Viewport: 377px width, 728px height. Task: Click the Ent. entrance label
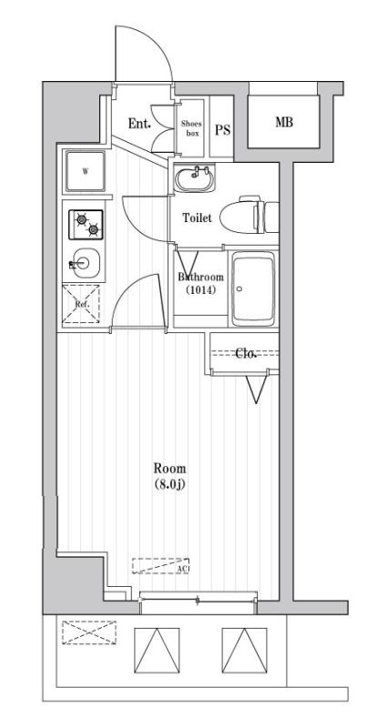coord(139,124)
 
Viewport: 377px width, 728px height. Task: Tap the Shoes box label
coord(191,126)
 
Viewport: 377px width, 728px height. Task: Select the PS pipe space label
coord(222,129)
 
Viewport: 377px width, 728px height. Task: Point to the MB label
coord(284,123)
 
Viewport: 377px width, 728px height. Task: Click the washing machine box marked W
coord(86,170)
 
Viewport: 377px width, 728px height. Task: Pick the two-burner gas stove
coord(85,223)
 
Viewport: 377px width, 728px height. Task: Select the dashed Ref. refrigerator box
coord(82,304)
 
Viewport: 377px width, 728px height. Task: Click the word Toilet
coord(197,218)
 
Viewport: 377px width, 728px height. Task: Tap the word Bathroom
coord(200,278)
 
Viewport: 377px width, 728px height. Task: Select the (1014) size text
coord(200,291)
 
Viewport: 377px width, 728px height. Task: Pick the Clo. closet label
coord(246,353)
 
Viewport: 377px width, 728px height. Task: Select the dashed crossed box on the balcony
coord(88,631)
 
